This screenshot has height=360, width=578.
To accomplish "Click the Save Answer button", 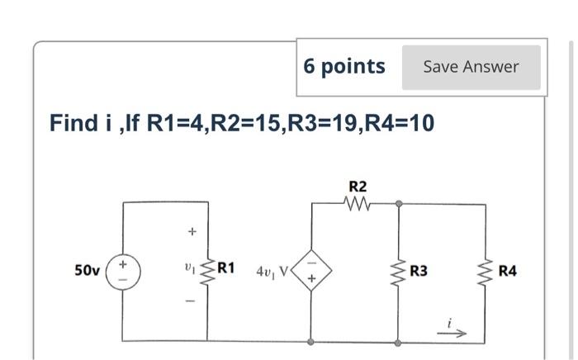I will pyautogui.click(x=471, y=67).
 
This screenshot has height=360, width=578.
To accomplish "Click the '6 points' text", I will pyautogui.click(x=343, y=66).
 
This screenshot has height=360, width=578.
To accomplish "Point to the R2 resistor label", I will pyautogui.click(x=358, y=187).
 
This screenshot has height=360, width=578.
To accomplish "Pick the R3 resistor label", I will pyautogui.click(x=419, y=270).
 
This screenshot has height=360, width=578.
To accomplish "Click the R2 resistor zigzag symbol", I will pyautogui.click(x=358, y=202).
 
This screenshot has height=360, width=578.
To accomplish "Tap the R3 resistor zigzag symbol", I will pyautogui.click(x=399, y=270).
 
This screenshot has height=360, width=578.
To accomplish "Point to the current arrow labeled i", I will pyautogui.click(x=455, y=333).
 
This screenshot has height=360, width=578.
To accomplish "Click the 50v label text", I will pyautogui.click(x=87, y=270).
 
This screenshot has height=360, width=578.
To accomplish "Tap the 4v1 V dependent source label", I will pyautogui.click(x=272, y=271).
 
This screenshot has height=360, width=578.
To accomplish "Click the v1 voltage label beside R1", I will pyautogui.click(x=189, y=269).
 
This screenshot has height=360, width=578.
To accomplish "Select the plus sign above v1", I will pyautogui.click(x=191, y=232).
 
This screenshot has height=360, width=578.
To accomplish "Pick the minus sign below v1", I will pyautogui.click(x=191, y=301).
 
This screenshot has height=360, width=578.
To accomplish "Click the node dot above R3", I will pyautogui.click(x=399, y=202).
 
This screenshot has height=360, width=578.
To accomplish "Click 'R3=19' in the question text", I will pyautogui.click(x=320, y=123).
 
